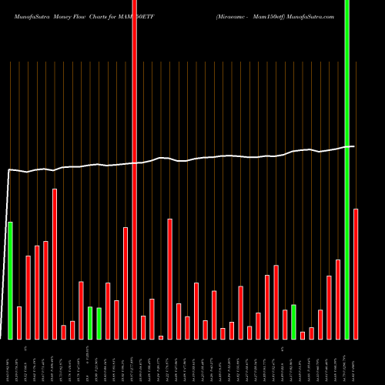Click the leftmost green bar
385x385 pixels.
[10, 280]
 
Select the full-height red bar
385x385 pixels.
[134, 169]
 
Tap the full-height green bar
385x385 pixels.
[346, 169]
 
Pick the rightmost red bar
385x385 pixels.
[356, 273]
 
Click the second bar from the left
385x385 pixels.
[19, 323]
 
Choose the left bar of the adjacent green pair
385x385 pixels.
[90, 323]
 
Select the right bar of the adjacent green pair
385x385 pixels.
[99, 323]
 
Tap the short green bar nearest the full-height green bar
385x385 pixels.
[293, 322]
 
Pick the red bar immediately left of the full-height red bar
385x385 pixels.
[126, 283]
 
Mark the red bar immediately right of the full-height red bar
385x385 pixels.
[143, 327]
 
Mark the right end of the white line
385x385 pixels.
[354, 146]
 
